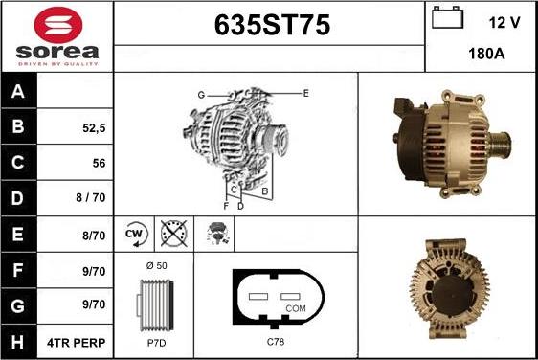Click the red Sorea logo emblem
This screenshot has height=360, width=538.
[x=58, y=25]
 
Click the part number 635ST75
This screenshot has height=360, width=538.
[x=272, y=25]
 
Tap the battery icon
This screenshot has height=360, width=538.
[x=447, y=17]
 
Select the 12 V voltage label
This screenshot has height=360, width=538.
[x=504, y=23]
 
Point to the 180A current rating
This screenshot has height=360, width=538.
[x=486, y=54]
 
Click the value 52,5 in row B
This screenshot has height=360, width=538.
[x=94, y=128]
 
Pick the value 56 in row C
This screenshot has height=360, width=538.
[x=99, y=163]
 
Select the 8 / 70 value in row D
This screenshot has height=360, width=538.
[x=91, y=197]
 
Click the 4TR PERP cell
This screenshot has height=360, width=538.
[x=77, y=343]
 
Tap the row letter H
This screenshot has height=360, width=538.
[x=17, y=342]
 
